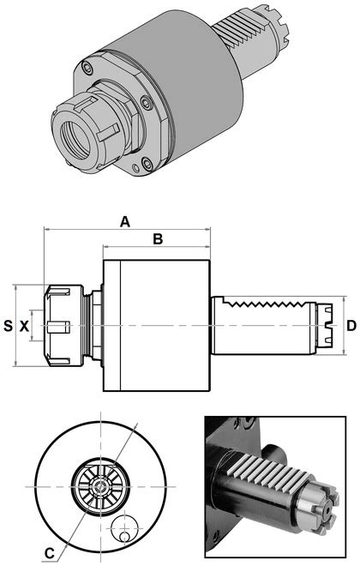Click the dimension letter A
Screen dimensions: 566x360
pos(125,222)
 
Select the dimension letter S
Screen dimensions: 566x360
pos(9,326)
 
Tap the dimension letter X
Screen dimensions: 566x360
pos(24,326)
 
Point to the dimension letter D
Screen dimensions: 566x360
pos(351,326)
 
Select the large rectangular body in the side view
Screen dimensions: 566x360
pos(156,326)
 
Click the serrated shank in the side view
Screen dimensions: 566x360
pos(266,326)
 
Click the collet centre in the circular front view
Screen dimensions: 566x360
pos(100,486)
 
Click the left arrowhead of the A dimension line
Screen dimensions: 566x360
pos(45,230)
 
